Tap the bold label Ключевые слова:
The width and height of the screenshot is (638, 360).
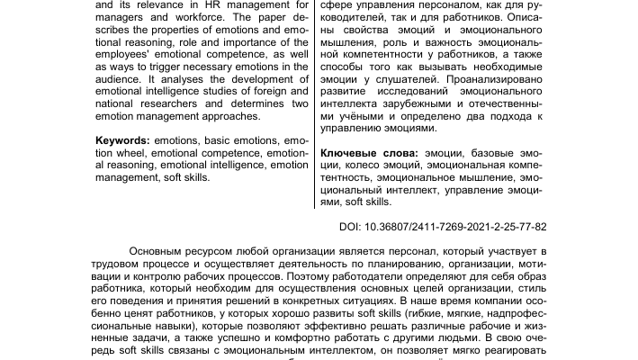[369, 155]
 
